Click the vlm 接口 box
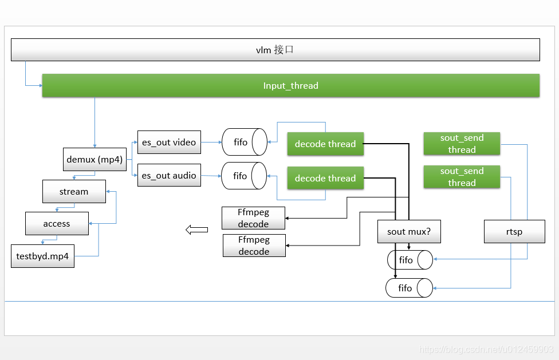point(275,50)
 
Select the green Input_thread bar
point(290,85)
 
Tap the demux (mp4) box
point(95,160)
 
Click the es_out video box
point(169,143)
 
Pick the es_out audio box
point(169,175)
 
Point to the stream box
point(74,192)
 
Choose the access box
point(57,224)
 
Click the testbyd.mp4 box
point(42,256)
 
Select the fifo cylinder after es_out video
point(245,142)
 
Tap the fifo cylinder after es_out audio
point(244,176)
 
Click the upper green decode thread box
point(325,144)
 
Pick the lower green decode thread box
point(325,178)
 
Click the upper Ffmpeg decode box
point(254,218)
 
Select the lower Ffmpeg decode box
point(254,246)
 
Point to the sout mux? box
point(409,231)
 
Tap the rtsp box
point(514,231)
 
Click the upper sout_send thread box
point(462,144)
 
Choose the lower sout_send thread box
point(462,177)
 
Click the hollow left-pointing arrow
point(197,230)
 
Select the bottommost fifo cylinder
point(410,288)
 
